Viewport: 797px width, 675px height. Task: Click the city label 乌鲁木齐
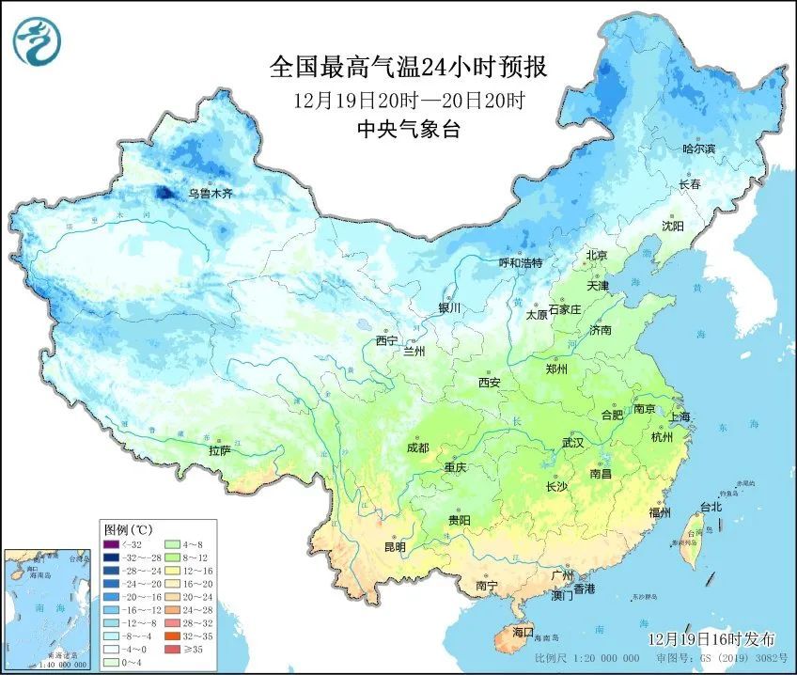pyautogui.click(x=209, y=193)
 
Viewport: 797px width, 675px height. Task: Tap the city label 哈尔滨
pyautogui.click(x=698, y=149)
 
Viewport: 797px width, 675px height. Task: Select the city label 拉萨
pyautogui.click(x=219, y=450)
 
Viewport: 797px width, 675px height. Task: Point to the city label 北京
pyautogui.click(x=598, y=255)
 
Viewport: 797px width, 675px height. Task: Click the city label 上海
pyautogui.click(x=679, y=416)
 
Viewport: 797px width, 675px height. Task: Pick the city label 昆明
pyautogui.click(x=395, y=546)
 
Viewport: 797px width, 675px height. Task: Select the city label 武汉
pyautogui.click(x=572, y=442)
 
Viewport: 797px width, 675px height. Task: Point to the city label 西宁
pyautogui.click(x=386, y=340)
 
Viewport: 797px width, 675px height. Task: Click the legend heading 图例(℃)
pyautogui.click(x=128, y=528)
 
